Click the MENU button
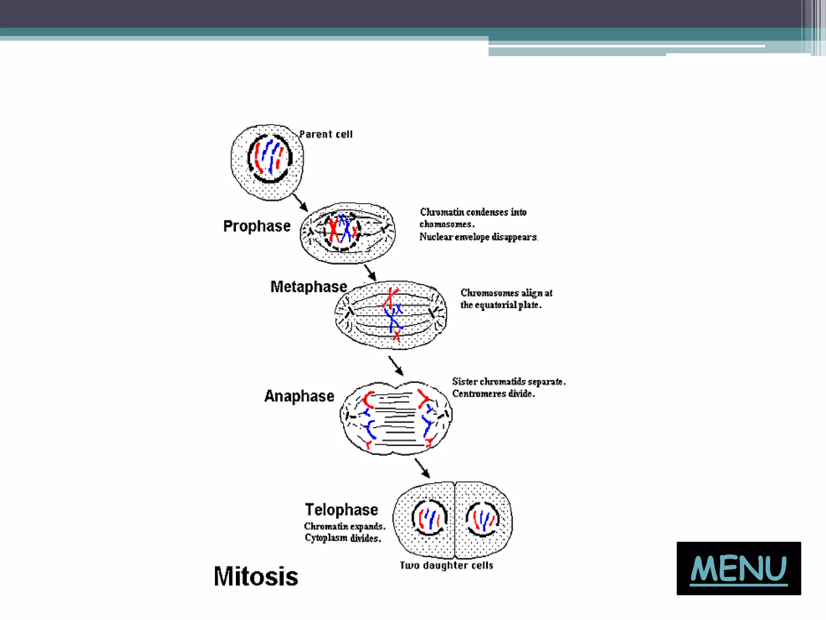pyautogui.click(x=738, y=568)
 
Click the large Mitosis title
pyautogui.click(x=256, y=576)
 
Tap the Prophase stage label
pyautogui.click(x=257, y=226)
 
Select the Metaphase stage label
pyautogui.click(x=309, y=287)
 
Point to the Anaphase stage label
pyautogui.click(x=299, y=396)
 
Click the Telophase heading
pyautogui.click(x=342, y=510)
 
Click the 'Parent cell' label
pyautogui.click(x=326, y=134)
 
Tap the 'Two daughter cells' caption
pyautogui.click(x=446, y=565)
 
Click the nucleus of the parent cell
pyautogui.click(x=269, y=158)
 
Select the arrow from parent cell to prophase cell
pyautogui.click(x=300, y=202)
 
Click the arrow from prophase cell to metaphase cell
pyautogui.click(x=370, y=273)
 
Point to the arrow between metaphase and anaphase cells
pyautogui.click(x=396, y=366)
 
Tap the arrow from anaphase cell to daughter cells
pyautogui.click(x=422, y=469)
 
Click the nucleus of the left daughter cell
pyautogui.click(x=429, y=518)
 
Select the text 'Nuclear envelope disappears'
pyautogui.click(x=478, y=237)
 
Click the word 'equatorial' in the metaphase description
pyautogui.click(x=496, y=305)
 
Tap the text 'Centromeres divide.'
pyautogui.click(x=493, y=394)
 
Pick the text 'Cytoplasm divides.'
pyautogui.click(x=343, y=538)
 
